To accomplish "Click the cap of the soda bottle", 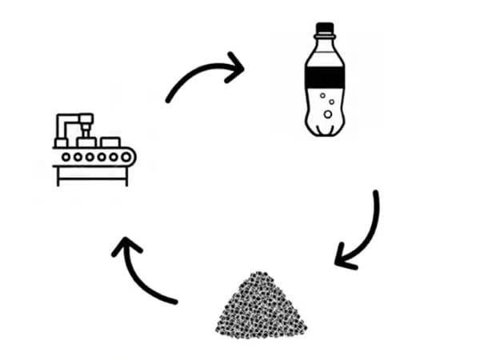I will pos(324,30).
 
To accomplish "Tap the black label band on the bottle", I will pos(324,78).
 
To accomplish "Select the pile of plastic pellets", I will pos(262,308).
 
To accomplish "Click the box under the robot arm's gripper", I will pos(86,142).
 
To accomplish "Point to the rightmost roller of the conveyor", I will pos(126,157).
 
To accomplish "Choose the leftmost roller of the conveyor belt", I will pos(66,157).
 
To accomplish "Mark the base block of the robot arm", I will pos(61,142).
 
